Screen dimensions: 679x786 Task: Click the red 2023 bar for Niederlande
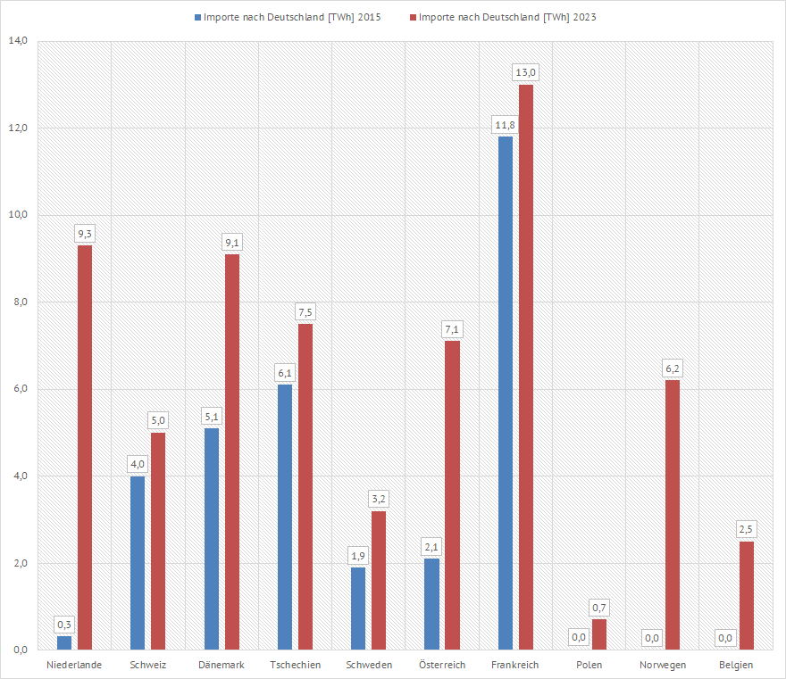pos(85,446)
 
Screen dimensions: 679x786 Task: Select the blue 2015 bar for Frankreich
pos(506,393)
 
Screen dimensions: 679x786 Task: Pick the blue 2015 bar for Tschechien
pos(285,517)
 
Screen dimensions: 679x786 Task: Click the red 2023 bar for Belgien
pos(746,595)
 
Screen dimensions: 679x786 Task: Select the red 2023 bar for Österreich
pos(452,495)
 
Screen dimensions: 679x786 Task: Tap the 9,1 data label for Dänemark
pos(232,242)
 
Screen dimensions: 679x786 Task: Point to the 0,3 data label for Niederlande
pos(64,624)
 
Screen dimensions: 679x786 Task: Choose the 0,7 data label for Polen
pos(599,608)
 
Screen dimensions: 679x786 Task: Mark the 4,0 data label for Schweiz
pos(138,464)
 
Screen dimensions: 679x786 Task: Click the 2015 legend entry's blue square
pos(197,17)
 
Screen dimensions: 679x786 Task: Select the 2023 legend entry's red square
pos(412,17)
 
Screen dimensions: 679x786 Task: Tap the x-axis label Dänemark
pos(222,665)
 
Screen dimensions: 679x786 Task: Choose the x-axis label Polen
pos(589,665)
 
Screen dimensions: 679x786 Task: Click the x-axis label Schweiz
pos(147,665)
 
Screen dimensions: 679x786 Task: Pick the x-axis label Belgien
pos(736,665)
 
